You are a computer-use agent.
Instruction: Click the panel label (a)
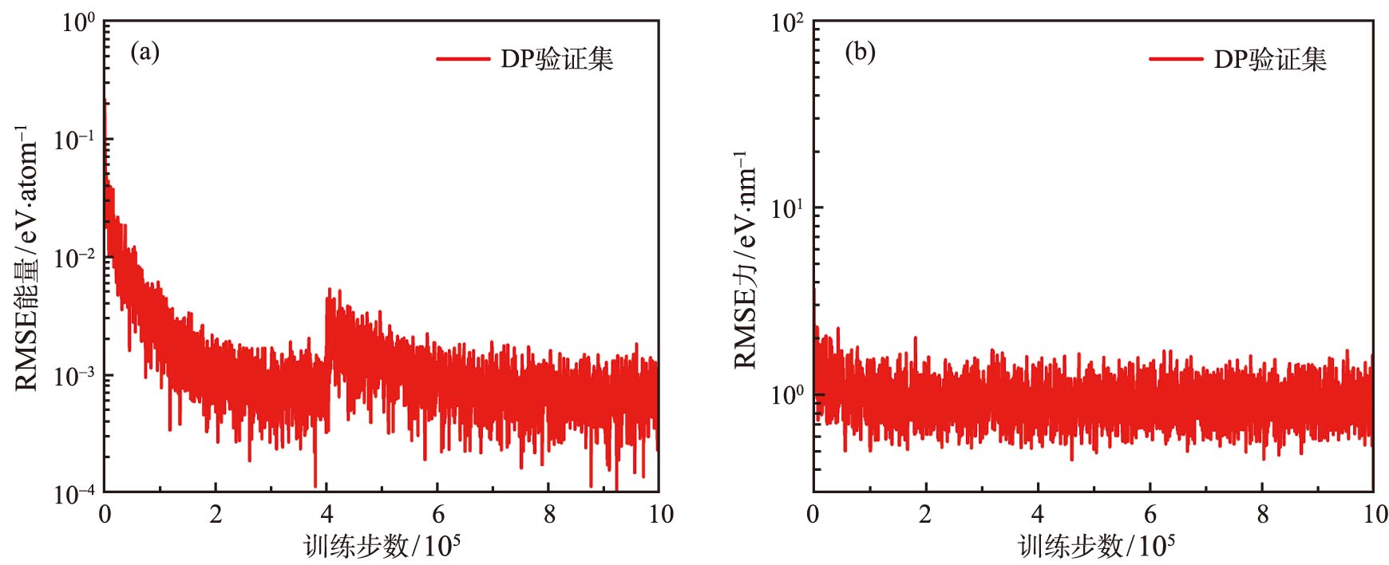[144, 53]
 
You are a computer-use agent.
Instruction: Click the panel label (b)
[860, 53]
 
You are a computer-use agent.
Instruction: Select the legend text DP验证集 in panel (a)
[556, 59]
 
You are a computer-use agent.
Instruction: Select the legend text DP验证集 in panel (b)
[1269, 59]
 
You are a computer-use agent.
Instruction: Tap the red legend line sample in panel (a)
[463, 59]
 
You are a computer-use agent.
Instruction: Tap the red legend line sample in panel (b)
[1176, 59]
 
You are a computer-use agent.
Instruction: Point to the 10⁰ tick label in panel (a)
[78, 22]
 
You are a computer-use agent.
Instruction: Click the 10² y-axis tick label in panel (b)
[787, 22]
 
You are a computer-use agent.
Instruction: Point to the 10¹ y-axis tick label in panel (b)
[787, 209]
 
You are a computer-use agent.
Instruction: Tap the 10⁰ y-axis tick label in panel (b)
[787, 395]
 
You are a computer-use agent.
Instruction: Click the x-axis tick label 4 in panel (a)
[326, 515]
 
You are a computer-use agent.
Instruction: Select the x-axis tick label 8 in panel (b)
[1262, 515]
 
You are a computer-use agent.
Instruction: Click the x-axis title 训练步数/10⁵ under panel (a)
[382, 547]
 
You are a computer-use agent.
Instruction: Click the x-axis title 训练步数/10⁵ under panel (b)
[1096, 547]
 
